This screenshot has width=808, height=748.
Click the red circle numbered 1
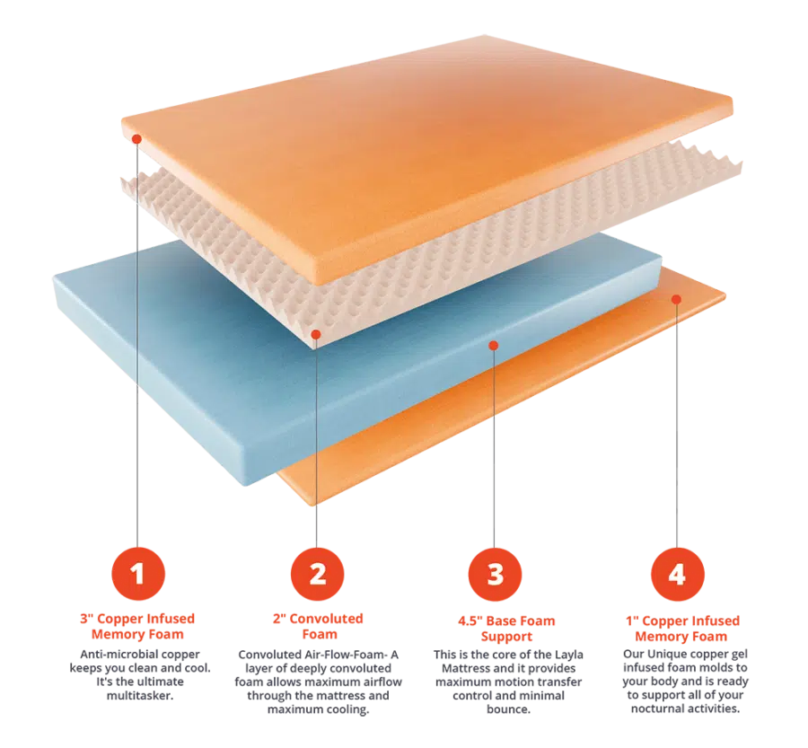138,574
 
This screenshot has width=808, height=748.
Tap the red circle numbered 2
318,574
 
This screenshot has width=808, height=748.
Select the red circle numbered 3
495,575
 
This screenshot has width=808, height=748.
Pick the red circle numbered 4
677,575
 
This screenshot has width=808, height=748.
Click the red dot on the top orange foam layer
136,138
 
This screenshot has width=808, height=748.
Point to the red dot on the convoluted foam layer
316,335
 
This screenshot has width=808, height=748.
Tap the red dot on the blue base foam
494,346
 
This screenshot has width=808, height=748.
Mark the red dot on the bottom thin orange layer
677,300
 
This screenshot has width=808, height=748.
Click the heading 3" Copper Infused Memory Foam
137,627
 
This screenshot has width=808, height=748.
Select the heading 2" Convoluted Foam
319,627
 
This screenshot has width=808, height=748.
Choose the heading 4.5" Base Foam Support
506,629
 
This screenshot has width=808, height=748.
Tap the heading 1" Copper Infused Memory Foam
682,629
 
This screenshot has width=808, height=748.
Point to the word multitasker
140,695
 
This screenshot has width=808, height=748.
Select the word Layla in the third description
569,655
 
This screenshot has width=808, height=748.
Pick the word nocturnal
656,708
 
